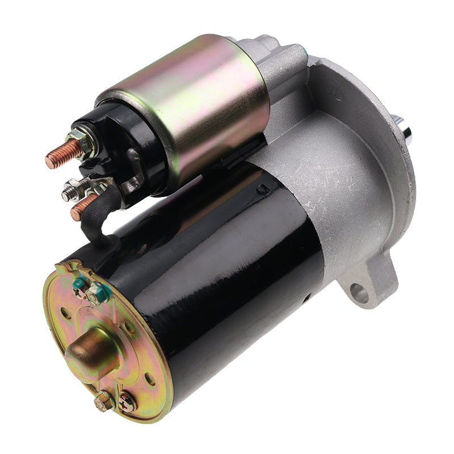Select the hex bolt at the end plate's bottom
[x=104, y=401]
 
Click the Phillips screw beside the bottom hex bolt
[x=126, y=402]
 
